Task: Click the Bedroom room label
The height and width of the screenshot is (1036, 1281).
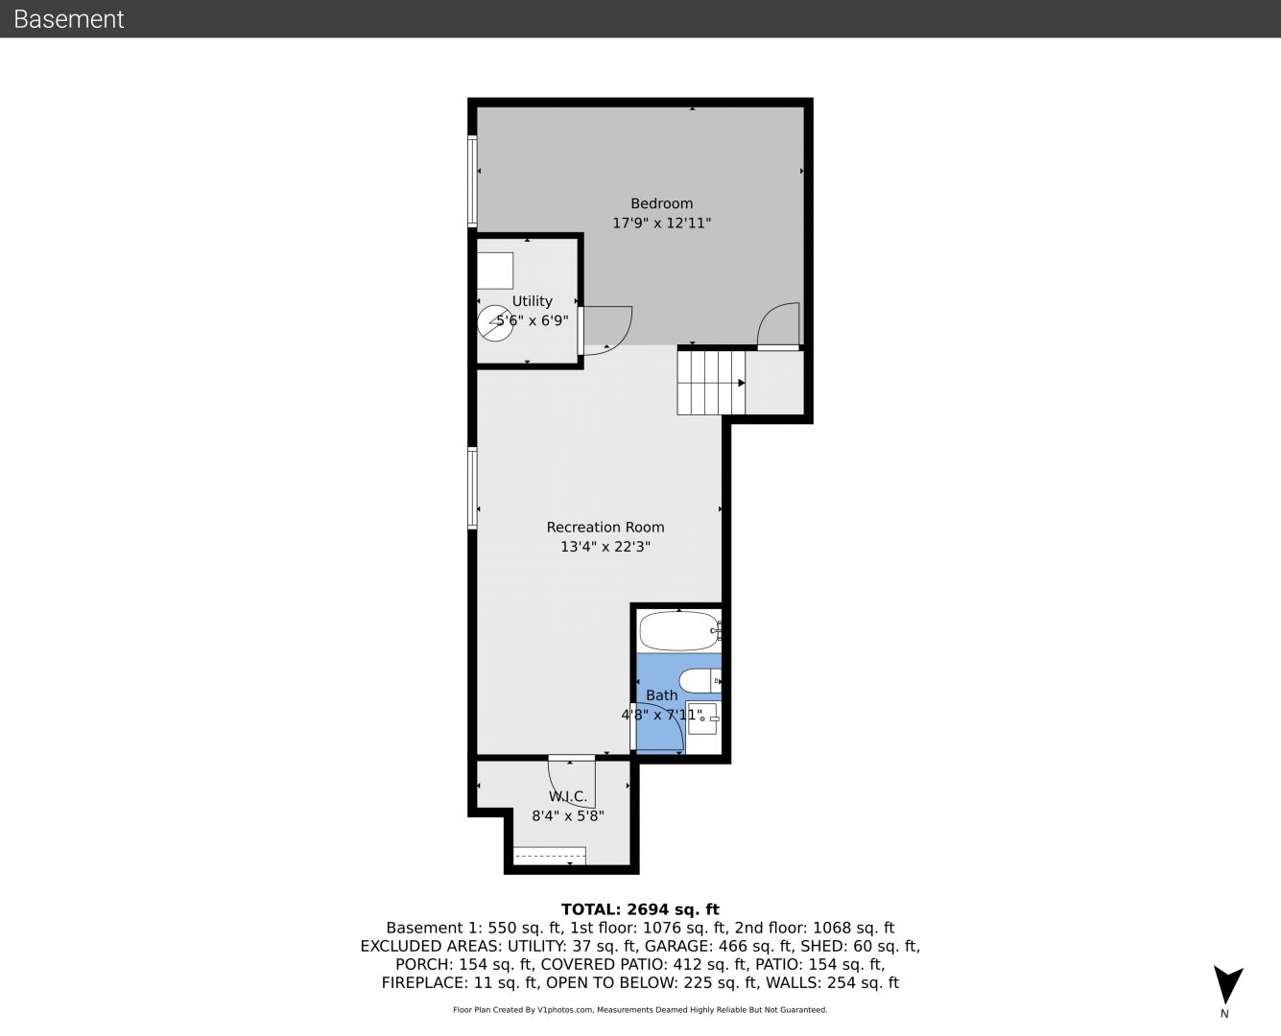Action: [661, 203]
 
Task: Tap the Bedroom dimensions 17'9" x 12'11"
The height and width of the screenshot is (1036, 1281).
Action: [661, 224]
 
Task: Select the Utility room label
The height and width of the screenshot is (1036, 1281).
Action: [533, 301]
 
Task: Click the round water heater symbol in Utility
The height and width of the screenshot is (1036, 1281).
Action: [495, 323]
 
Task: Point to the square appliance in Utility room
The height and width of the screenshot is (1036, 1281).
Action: [495, 271]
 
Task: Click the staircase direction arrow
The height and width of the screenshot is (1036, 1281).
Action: [742, 383]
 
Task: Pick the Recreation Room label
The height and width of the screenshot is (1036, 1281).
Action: [605, 528]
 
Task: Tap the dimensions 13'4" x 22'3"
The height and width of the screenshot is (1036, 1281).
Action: [605, 547]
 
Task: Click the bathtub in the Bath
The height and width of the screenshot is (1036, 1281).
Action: [679, 631]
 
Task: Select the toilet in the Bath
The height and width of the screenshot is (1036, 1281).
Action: [700, 681]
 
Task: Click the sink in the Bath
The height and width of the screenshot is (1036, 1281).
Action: [702, 718]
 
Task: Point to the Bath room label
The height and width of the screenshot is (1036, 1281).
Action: [661, 695]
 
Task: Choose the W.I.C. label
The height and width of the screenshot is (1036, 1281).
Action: [568, 797]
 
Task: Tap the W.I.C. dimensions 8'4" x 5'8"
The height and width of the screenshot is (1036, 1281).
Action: [568, 816]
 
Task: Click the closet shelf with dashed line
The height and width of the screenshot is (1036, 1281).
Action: [549, 856]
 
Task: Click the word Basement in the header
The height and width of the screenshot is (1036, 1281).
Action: [68, 19]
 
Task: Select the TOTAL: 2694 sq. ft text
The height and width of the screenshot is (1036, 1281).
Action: [640, 909]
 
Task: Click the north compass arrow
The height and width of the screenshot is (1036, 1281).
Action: [1227, 984]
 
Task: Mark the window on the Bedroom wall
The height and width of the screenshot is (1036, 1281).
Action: [473, 181]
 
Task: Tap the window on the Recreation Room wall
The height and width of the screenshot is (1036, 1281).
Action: [473, 488]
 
